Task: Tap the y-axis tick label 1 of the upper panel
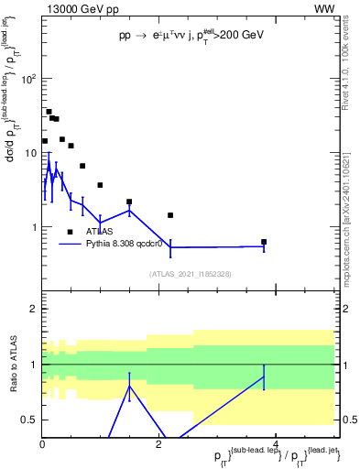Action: click(x=34, y=227)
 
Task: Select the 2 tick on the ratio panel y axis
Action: click(x=34, y=310)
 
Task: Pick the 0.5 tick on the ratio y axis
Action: click(x=30, y=420)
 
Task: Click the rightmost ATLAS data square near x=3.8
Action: click(x=264, y=242)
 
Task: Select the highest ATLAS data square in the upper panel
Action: click(x=49, y=112)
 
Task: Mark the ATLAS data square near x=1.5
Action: click(x=129, y=202)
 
